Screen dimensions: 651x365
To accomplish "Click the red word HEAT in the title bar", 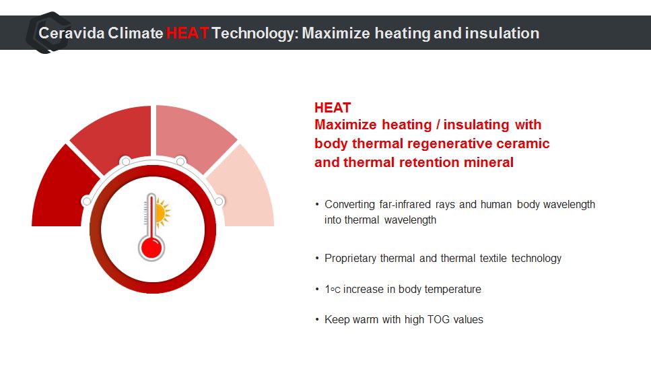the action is [187, 33].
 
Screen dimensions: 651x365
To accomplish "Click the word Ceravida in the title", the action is [71, 33].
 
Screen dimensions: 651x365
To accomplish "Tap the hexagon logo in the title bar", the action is [47, 33].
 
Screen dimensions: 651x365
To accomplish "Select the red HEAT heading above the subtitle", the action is [333, 108].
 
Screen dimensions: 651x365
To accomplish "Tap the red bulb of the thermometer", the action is [151, 248].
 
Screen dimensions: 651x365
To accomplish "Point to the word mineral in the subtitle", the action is [489, 162].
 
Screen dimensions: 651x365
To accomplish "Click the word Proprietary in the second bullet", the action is [350, 259].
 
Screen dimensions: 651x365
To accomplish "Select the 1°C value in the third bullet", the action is [333, 289].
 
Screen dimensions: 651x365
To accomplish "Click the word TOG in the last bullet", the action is [438, 319].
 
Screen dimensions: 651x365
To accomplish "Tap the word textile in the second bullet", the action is [493, 259].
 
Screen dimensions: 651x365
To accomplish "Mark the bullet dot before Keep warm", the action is [317, 319].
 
